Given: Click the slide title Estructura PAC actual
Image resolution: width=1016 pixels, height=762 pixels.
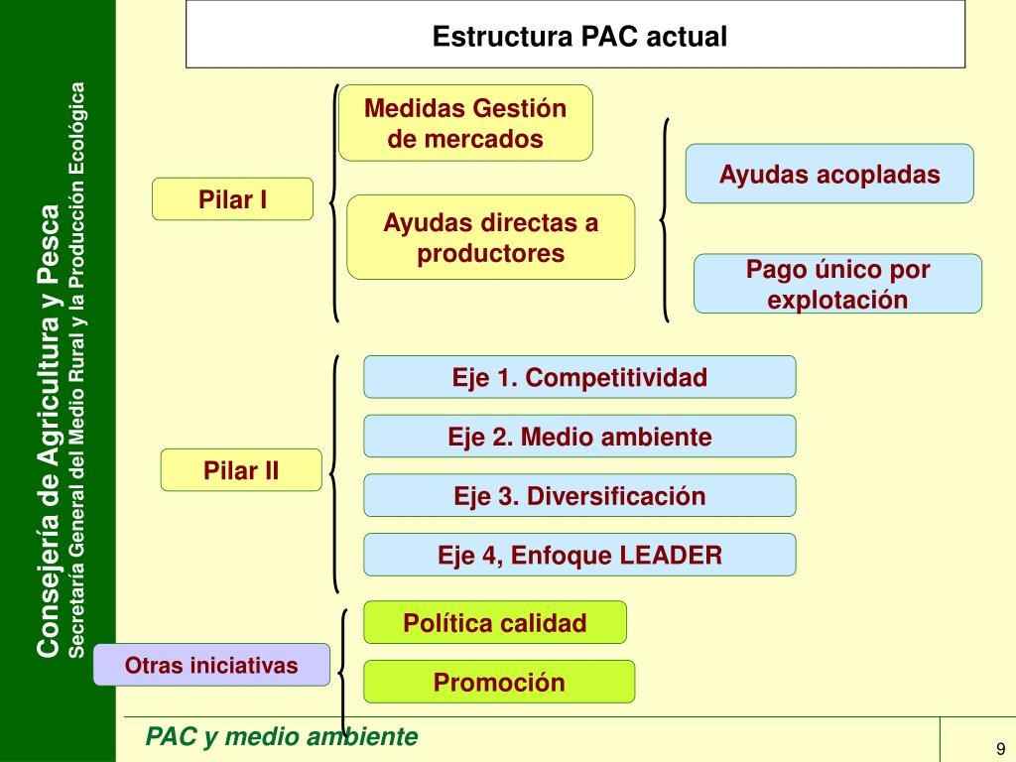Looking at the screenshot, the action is coord(579,37).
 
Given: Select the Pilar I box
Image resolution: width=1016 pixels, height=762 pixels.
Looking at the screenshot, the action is coord(232,198).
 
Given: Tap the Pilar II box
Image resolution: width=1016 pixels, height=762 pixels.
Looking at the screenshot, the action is coord(241,469).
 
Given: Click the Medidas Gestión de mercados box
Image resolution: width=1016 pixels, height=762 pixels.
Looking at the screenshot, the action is coord(465,123).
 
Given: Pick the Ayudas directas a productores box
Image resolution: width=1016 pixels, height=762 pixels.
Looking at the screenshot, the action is coord(490,237).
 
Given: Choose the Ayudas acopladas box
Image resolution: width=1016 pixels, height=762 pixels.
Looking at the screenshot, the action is coord(829,174).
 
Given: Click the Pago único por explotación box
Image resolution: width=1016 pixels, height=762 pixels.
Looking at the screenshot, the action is coord(837,284).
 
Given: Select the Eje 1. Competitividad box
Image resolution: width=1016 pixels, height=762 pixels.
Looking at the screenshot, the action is coord(579,377).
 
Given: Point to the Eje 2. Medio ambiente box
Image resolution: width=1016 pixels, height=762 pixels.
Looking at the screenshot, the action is coord(579,436).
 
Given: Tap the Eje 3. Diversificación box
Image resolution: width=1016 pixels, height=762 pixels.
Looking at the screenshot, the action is coord(579,495).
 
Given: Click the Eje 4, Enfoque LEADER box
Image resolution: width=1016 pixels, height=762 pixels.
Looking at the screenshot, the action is coord(579,555).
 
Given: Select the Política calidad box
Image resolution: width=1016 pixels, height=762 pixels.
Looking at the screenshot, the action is coord(495,622).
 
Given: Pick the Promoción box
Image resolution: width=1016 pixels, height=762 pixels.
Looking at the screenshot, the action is coord(499,682).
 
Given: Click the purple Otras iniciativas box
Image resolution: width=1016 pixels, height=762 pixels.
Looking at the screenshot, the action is coord(211,665).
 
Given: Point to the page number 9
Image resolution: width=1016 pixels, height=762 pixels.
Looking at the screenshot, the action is coord(1001,748).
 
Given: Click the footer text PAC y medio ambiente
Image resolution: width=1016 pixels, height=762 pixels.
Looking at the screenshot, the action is coord(282,737).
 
